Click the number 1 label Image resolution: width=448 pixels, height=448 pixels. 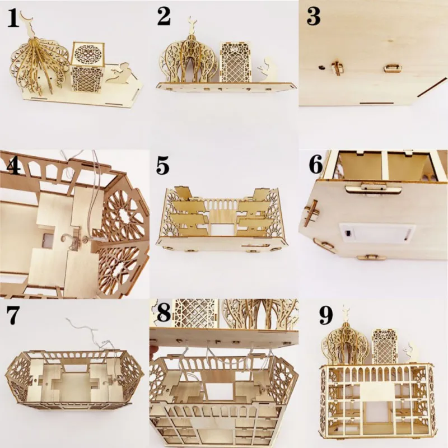[x=13, y=19]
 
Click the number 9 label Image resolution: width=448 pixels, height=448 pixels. [x=326, y=316]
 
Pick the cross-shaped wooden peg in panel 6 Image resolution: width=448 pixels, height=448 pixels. [x=311, y=213]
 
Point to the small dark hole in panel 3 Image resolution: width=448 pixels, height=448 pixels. [x=321, y=67]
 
